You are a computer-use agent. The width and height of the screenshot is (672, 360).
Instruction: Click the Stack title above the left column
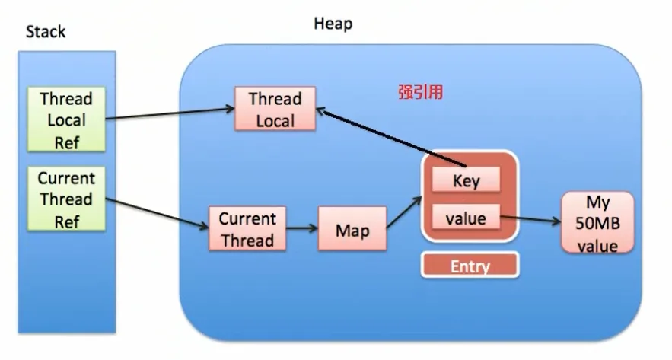click(x=46, y=32)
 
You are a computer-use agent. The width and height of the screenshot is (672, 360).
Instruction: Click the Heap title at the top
click(x=333, y=24)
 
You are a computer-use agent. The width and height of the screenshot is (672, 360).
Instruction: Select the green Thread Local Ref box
click(x=66, y=119)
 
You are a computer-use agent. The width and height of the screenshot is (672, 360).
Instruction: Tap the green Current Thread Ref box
click(x=66, y=199)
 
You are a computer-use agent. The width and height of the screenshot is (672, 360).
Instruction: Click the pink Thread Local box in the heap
click(x=275, y=109)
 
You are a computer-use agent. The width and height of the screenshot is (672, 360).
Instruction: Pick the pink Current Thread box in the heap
click(x=247, y=228)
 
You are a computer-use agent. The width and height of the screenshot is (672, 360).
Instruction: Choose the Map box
click(x=352, y=228)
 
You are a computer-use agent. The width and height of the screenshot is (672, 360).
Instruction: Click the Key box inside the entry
click(x=466, y=180)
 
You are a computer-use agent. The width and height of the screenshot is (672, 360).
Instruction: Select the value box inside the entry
click(x=466, y=217)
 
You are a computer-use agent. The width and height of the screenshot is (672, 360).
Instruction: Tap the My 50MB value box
click(x=597, y=223)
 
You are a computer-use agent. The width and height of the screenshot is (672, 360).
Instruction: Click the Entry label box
click(x=470, y=266)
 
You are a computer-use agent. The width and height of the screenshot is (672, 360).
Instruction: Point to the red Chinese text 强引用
click(x=420, y=92)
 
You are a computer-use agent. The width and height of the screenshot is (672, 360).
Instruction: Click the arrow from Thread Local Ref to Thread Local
click(x=170, y=113)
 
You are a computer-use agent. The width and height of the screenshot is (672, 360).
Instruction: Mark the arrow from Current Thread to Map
click(x=302, y=228)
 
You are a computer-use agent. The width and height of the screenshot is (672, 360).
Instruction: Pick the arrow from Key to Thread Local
click(x=391, y=137)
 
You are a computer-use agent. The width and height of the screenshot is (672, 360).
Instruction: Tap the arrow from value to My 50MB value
click(x=531, y=219)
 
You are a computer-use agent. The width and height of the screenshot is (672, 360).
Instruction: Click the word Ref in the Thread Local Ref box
click(x=67, y=143)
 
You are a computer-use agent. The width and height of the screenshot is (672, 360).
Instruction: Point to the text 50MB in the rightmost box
click(x=597, y=223)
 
